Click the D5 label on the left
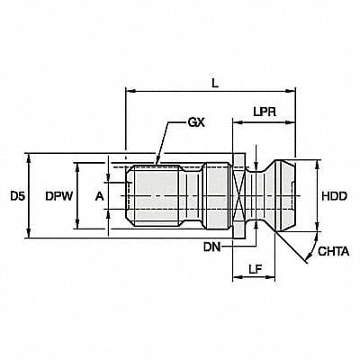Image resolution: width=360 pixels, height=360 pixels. pos(16,195)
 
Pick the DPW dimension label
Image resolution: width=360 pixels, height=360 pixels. pos(58,195)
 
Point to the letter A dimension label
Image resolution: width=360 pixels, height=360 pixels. pos(100,195)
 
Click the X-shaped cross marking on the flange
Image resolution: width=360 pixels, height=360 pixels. pos(238,195)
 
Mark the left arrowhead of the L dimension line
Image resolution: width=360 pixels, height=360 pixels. pos(128,91)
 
